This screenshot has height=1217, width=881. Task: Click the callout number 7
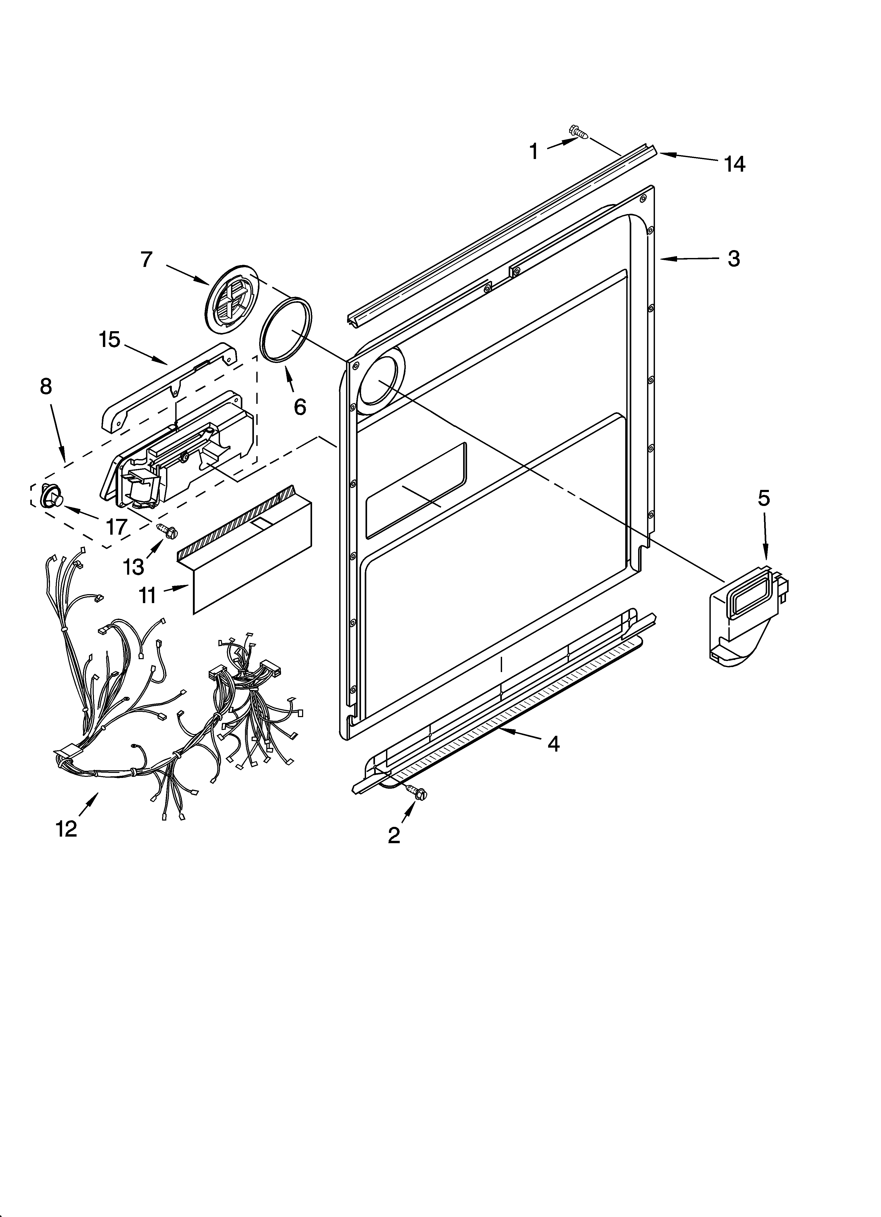(147, 259)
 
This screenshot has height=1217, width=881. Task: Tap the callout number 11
(148, 595)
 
